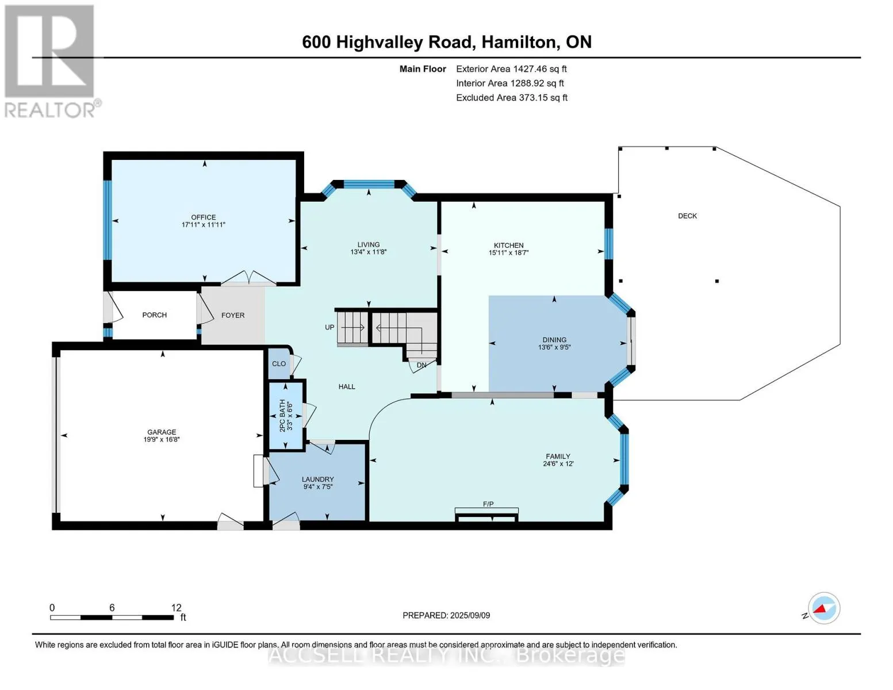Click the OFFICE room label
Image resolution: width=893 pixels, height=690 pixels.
pyautogui.click(x=204, y=217)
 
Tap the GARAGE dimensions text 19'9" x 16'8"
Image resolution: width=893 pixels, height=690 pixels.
pyautogui.click(x=162, y=439)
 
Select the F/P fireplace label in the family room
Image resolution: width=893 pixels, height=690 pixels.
pyautogui.click(x=488, y=504)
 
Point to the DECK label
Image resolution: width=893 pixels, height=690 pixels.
pyautogui.click(x=688, y=216)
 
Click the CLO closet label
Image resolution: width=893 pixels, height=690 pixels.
pyautogui.click(x=279, y=364)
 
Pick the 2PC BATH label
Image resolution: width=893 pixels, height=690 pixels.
pyautogui.click(x=282, y=416)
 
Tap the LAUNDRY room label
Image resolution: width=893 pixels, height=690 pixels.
pyautogui.click(x=317, y=479)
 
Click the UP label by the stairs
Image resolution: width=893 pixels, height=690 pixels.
pyautogui.click(x=329, y=328)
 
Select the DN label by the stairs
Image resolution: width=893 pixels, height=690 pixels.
pyautogui.click(x=421, y=365)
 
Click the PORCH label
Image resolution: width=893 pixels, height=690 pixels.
pyautogui.click(x=155, y=315)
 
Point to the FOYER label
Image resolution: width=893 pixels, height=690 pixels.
pyautogui.click(x=233, y=315)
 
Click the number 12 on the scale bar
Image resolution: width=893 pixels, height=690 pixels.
pyautogui.click(x=177, y=608)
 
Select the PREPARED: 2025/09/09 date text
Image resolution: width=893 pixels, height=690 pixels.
pyautogui.click(x=446, y=615)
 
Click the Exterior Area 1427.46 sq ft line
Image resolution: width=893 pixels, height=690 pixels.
pyautogui.click(x=512, y=69)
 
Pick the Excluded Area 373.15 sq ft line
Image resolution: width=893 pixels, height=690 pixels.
pyautogui.click(x=512, y=98)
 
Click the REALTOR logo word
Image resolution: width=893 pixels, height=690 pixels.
pyautogui.click(x=49, y=110)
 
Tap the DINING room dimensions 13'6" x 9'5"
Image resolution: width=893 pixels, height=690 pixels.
pyautogui.click(x=554, y=347)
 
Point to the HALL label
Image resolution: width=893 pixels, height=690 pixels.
pyautogui.click(x=347, y=387)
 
